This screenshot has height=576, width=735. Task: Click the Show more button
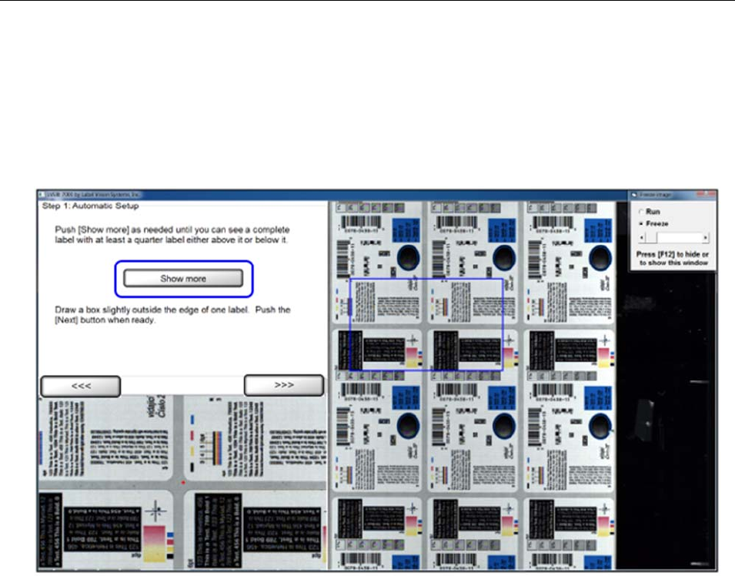tap(183, 279)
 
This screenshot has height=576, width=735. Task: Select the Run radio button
tap(640, 212)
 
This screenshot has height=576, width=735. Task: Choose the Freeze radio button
tap(640, 223)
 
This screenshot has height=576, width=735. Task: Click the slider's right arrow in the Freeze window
tap(706, 239)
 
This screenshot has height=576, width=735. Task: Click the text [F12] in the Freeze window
tap(666, 254)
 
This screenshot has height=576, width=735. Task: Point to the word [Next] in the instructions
tap(68, 320)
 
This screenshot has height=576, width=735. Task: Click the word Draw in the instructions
tap(65, 310)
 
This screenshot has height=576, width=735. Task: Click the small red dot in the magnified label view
tap(182, 481)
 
